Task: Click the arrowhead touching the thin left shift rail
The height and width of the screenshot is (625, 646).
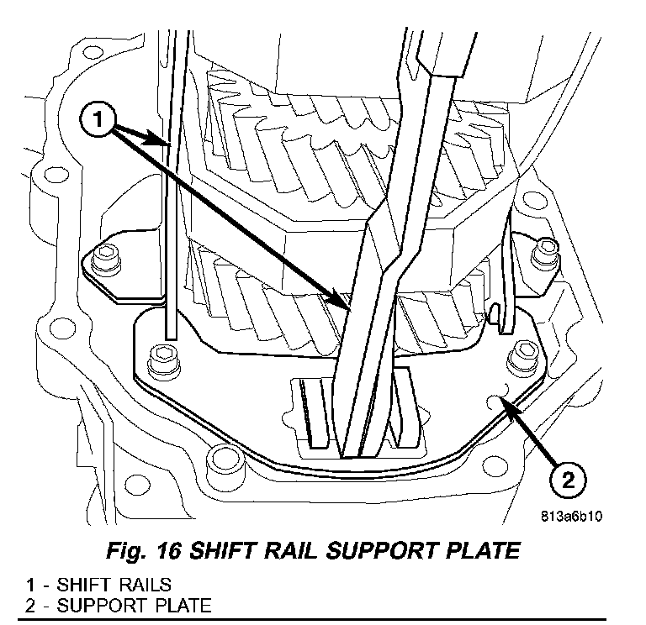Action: point(169,144)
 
